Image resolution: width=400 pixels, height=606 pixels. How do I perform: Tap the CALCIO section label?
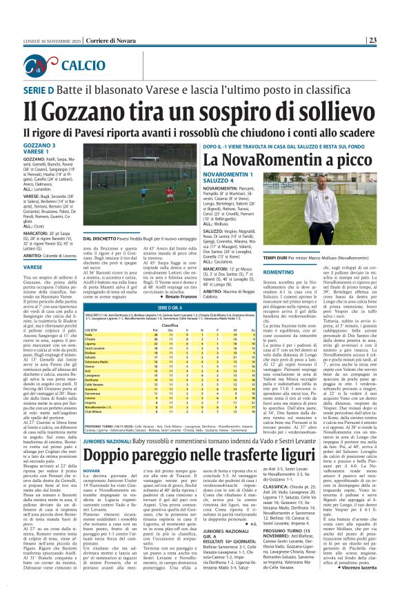[79, 66]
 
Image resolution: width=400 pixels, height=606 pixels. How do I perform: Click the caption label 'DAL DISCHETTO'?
[101, 238]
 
